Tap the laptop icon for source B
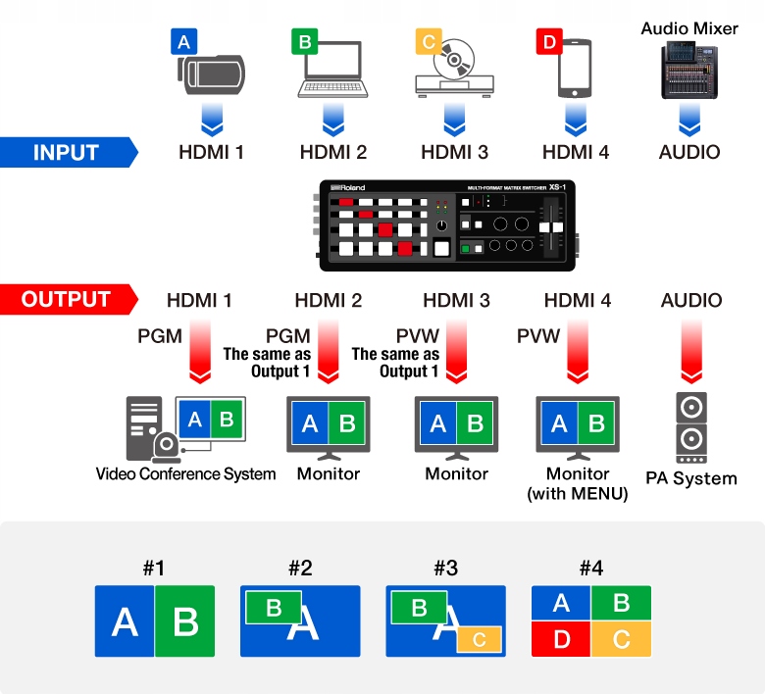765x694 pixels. pos(333,74)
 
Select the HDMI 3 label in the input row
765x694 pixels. pos(454,153)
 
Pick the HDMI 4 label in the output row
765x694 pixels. pos(578,300)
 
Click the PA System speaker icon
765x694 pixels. pos(690,428)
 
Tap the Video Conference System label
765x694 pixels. pos(185,474)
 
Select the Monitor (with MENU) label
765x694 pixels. pos(578,484)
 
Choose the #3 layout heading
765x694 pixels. pos(445,568)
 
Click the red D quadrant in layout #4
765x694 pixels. pos(561,640)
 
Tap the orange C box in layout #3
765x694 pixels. pos(480,639)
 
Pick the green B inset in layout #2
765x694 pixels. pos(274,607)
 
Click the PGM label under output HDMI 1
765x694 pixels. pos(160,336)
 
